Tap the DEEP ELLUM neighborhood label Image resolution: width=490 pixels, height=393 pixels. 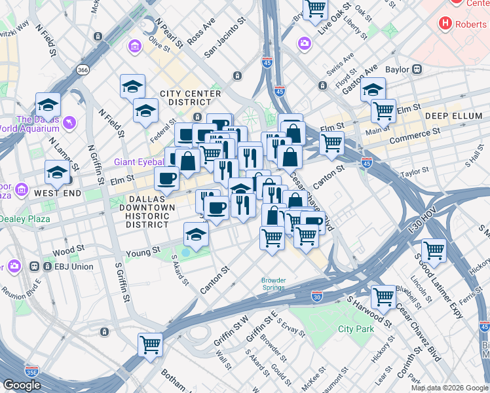453,116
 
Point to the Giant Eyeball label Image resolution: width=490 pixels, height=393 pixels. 140,162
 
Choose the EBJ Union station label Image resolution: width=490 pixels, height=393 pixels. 69,267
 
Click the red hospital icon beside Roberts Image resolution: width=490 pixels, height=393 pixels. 446,24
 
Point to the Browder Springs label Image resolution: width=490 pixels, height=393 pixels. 273,284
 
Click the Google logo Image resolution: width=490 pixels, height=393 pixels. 22,386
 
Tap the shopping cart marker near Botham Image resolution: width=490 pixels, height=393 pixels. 151,344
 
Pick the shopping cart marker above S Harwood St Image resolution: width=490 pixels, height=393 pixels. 383,297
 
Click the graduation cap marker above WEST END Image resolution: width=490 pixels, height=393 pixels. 57,173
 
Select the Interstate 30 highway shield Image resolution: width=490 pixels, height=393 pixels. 316,297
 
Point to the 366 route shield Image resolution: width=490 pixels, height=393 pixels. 83,70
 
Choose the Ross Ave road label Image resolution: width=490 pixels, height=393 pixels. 201,31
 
